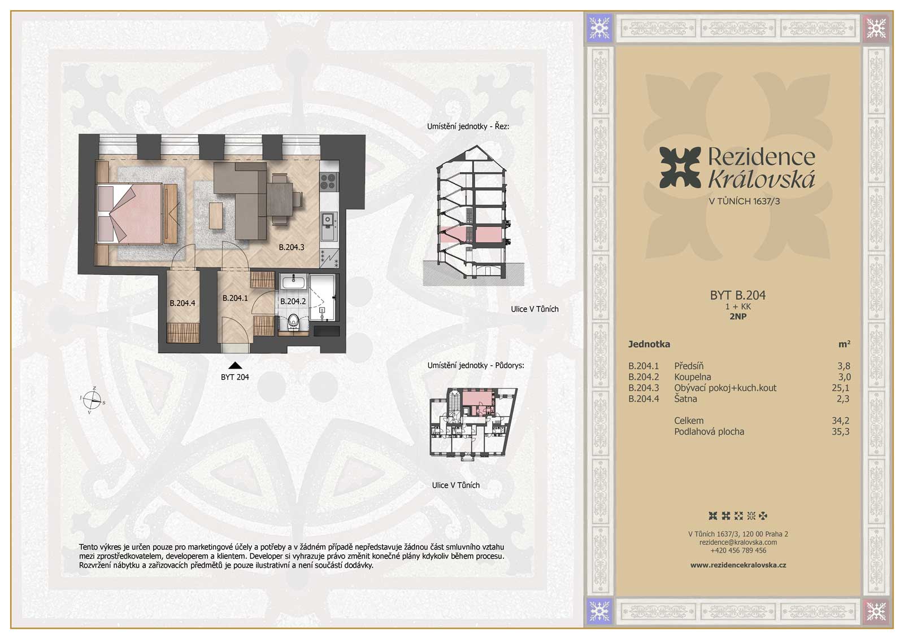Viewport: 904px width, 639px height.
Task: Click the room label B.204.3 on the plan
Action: (292, 247)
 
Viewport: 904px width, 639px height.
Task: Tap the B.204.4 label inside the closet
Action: (182, 303)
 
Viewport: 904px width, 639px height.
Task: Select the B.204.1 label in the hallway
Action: (235, 298)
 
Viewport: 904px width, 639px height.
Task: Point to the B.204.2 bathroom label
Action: (293, 301)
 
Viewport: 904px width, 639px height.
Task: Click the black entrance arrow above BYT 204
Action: (235, 365)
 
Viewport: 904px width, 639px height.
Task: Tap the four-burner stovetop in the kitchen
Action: (329, 181)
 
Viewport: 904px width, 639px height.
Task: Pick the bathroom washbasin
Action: (293, 281)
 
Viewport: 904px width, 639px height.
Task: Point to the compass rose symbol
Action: (93, 400)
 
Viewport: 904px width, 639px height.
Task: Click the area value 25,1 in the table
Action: (841, 388)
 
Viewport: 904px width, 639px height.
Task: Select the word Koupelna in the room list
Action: (693, 377)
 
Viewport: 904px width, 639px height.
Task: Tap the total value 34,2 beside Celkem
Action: (841, 421)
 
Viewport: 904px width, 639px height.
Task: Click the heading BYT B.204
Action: (738, 295)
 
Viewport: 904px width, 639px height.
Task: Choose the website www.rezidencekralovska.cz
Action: (738, 565)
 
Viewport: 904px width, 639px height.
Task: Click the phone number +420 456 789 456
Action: (738, 550)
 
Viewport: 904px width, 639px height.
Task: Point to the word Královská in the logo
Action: (762, 180)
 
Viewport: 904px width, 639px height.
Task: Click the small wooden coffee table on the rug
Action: (216, 215)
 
